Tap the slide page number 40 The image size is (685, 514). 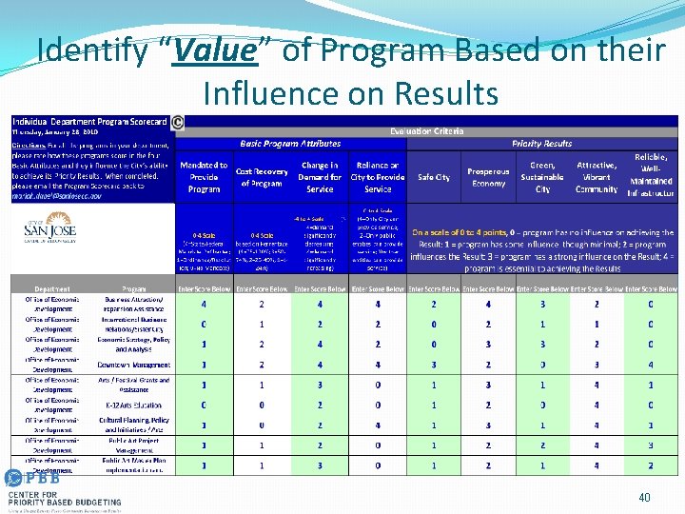(x=644, y=497)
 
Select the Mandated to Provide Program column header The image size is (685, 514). (x=204, y=177)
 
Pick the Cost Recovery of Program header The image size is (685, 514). (x=262, y=177)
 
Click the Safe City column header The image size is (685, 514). (x=434, y=177)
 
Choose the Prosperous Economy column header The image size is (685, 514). (x=488, y=177)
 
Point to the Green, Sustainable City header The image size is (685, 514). (x=542, y=177)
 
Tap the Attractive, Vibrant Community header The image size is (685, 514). (x=597, y=177)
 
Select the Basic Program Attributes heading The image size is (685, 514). (x=290, y=143)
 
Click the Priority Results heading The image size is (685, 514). (x=541, y=143)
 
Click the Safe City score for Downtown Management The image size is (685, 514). (x=434, y=365)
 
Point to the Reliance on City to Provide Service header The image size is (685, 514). (x=378, y=177)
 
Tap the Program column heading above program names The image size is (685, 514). (x=133, y=288)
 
